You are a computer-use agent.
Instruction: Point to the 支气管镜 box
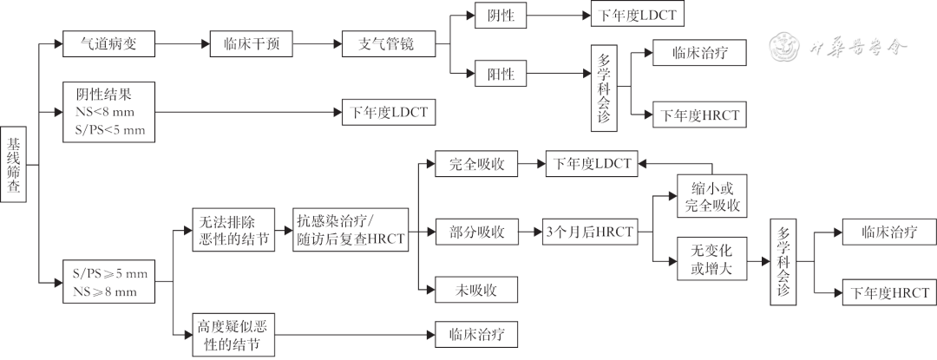point(390,43)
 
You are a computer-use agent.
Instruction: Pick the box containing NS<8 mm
point(109,112)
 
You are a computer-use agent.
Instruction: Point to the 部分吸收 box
point(475,232)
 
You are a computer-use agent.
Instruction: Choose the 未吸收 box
point(475,289)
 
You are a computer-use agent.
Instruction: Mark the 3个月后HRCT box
point(589,232)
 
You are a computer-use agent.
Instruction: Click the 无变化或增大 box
point(712,260)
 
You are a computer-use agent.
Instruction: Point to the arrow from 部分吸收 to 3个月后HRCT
point(529,232)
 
